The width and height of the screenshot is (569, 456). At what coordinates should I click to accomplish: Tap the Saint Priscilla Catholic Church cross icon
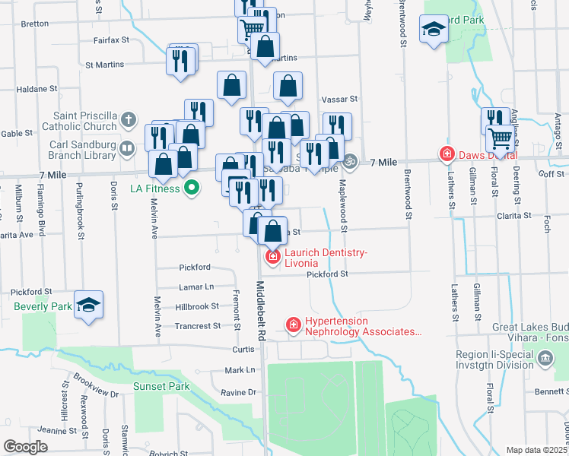click(x=129, y=119)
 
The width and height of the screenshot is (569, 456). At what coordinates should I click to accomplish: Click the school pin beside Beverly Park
click(x=88, y=306)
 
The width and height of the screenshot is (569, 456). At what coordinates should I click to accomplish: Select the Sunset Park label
click(x=161, y=386)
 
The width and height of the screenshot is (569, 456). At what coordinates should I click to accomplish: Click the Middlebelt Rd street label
click(x=260, y=311)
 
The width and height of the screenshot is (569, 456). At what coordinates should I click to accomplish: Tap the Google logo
click(x=25, y=447)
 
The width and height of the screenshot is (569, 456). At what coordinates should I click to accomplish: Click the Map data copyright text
click(x=536, y=450)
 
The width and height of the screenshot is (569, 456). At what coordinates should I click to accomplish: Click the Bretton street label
click(x=35, y=24)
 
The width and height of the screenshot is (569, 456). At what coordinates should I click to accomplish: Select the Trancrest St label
click(x=198, y=325)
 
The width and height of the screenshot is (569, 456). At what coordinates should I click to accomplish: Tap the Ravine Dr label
click(x=240, y=392)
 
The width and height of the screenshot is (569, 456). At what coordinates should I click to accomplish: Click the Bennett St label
click(x=551, y=391)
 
